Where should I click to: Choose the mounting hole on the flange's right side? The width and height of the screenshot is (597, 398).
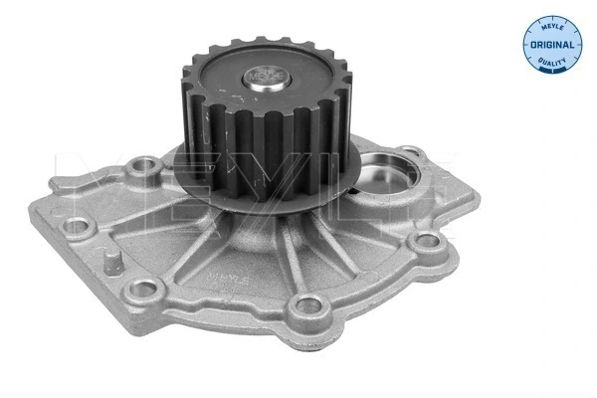point(427,242)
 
